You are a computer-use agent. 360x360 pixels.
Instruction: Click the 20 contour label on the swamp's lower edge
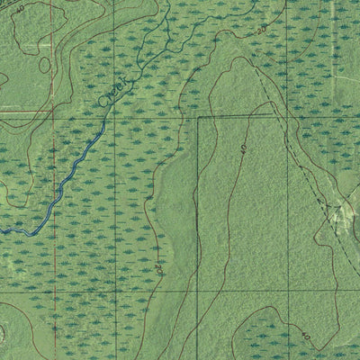coord(159,267)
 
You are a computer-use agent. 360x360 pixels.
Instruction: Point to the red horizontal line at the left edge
coord(4,112)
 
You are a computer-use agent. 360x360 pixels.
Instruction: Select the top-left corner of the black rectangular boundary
coord(198,116)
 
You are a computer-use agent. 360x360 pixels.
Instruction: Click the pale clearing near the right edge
coord(342,212)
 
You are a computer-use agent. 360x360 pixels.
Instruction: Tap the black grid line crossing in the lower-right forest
coord(287,290)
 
